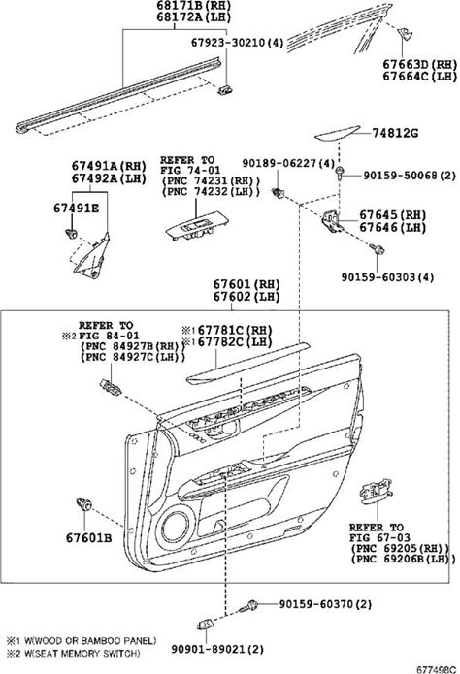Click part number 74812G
pyautogui.click(x=395, y=133)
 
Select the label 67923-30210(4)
pyautogui.click(x=238, y=42)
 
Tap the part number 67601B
pyautogui.click(x=88, y=537)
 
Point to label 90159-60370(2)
pyautogui.click(x=325, y=604)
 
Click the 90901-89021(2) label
pyautogui.click(x=217, y=649)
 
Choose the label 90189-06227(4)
pyautogui.click(x=288, y=163)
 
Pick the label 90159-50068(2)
pyautogui.click(x=410, y=176)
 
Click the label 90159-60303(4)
pyautogui.click(x=388, y=276)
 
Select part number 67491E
pyautogui.click(x=76, y=209)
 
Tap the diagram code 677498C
pyautogui.click(x=436, y=670)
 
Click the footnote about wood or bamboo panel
pyautogui.click(x=82, y=640)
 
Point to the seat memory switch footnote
pyautogui.click(x=73, y=654)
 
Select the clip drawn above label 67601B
pyautogui.click(x=83, y=503)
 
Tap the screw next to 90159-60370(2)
pyautogui.click(x=249, y=606)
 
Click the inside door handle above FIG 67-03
pyautogui.click(x=376, y=490)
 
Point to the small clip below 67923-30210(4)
pyautogui.click(x=225, y=89)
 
